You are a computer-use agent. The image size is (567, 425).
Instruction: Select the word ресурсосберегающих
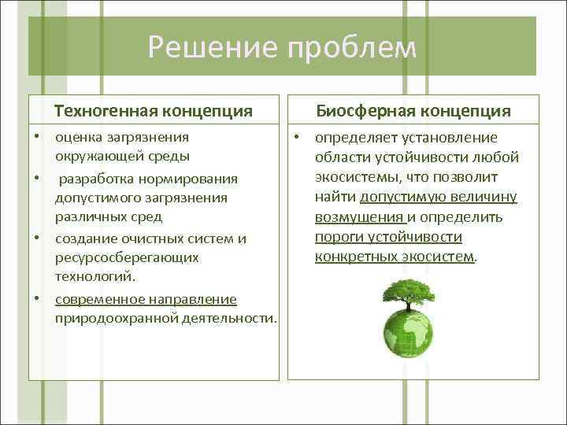(126, 257)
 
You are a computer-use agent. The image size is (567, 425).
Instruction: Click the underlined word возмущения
(359, 216)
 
